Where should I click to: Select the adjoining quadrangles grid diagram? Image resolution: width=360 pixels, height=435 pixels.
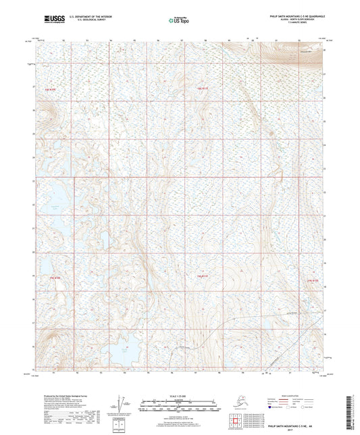tap(235, 422)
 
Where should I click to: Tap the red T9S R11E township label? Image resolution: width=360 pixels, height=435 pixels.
tap(201, 87)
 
